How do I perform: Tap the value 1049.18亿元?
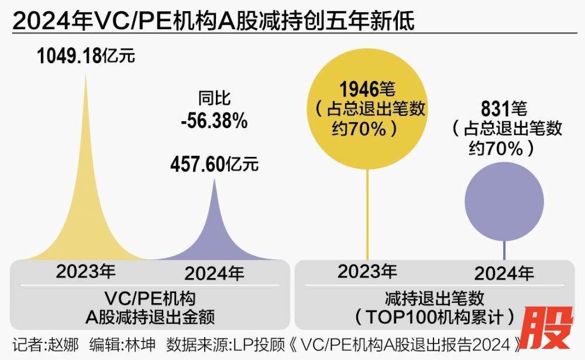coord(86,56)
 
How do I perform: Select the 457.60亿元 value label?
coord(214,164)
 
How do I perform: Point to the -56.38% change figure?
coord(214,121)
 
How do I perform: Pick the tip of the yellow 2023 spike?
coord(86,75)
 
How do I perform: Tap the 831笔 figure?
coord(504,109)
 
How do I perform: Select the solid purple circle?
coord(504,201)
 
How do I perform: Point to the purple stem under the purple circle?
coord(504,250)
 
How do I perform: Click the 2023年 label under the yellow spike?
coord(86,272)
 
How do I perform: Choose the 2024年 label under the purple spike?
coord(214,273)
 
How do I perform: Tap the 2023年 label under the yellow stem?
coord(367,272)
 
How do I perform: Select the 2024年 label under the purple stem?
coord(504,273)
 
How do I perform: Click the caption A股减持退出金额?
coord(150,317)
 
